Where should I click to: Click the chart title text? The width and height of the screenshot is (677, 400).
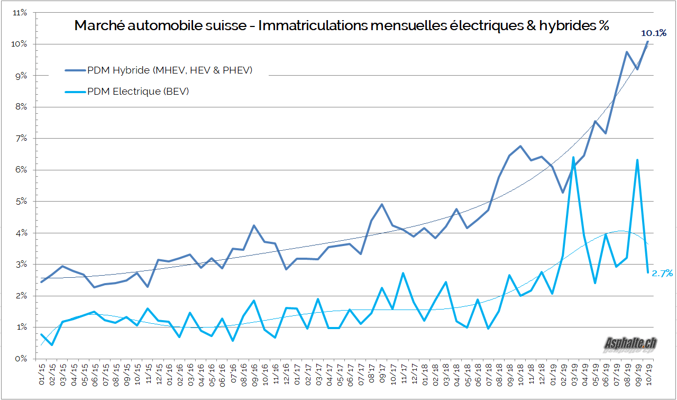click(x=342, y=25)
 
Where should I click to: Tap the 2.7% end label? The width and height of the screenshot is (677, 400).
click(x=662, y=273)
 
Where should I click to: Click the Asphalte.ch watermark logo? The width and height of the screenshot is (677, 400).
click(x=630, y=344)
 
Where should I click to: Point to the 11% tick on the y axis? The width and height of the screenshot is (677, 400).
click(x=20, y=12)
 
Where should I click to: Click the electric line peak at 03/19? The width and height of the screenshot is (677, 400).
click(x=573, y=157)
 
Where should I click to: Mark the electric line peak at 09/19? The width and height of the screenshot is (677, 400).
click(x=637, y=160)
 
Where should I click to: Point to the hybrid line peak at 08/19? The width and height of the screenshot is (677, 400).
click(x=627, y=52)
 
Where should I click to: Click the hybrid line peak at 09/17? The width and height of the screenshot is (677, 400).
click(x=382, y=204)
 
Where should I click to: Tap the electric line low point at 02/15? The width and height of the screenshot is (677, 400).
click(x=52, y=345)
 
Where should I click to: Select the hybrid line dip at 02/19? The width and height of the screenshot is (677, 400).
click(x=563, y=192)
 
